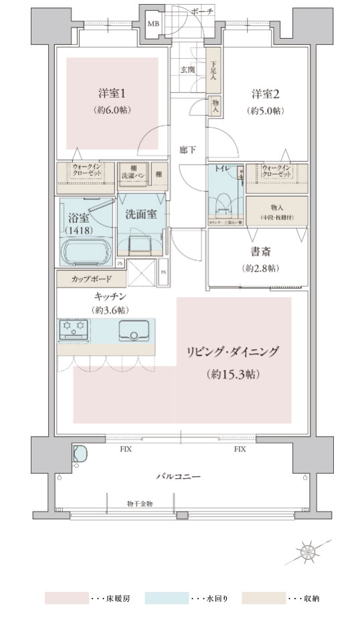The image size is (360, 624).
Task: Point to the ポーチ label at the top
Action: (201, 11)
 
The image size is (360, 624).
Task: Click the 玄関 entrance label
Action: (188, 69)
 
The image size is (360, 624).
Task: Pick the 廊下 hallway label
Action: (188, 150)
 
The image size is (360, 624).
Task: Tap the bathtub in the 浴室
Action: (87, 253)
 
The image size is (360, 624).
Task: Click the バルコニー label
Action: (180, 476)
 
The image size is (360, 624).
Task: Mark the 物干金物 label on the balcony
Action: (139, 503)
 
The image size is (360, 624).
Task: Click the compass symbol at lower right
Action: (310, 552)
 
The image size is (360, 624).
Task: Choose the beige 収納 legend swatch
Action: (263, 597)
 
